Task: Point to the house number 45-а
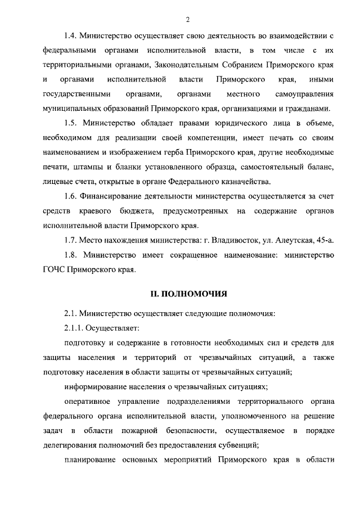click(323, 240)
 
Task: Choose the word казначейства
click(245, 181)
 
